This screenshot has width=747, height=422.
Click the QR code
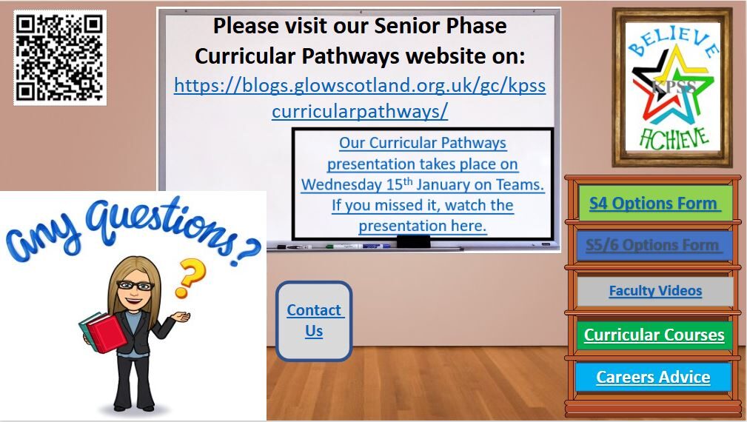point(60,58)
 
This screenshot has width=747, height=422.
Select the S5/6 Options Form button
point(654,245)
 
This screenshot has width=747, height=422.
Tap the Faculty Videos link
point(655,290)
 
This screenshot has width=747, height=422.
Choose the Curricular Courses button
point(654,335)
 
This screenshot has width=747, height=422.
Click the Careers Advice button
point(653,378)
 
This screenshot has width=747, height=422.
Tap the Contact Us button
point(314,321)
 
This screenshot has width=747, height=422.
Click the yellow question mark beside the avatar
point(190,277)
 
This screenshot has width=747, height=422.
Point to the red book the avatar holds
point(106,332)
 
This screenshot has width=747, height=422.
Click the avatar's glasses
point(135,285)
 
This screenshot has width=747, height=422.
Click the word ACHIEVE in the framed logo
point(674,138)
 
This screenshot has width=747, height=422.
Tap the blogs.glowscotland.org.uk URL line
point(360,86)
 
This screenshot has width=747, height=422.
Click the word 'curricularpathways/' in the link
point(360,112)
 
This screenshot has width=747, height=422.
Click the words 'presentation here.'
point(423,226)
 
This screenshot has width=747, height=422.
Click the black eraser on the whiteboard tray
point(414,242)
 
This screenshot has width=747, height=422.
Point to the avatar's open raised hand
point(181,316)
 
